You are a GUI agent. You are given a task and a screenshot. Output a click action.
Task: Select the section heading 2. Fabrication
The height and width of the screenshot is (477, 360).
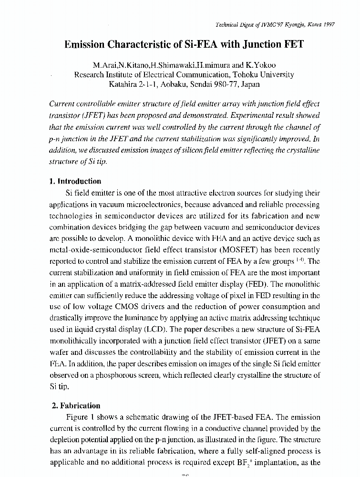(76, 406)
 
